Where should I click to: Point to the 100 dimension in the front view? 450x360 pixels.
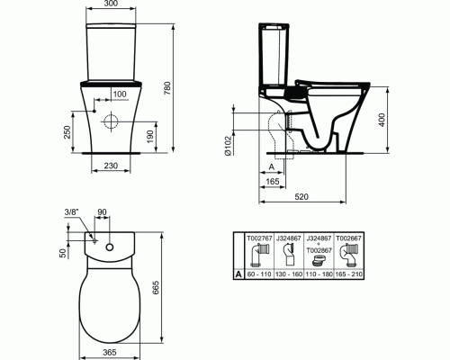(119, 93)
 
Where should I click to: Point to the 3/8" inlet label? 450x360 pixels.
(71, 213)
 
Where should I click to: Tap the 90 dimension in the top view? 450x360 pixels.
(102, 212)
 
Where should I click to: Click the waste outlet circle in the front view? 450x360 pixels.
(112, 122)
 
